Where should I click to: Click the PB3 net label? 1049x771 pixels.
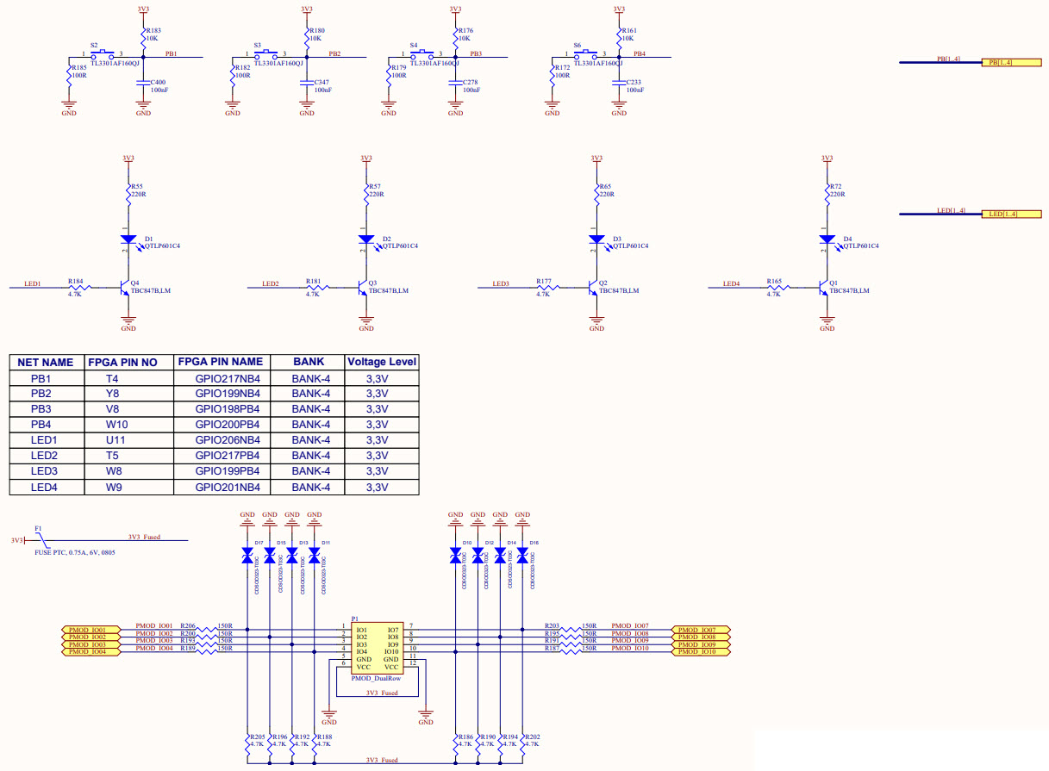(x=476, y=53)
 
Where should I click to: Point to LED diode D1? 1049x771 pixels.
(x=128, y=239)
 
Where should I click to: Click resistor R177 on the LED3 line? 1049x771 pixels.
(x=544, y=288)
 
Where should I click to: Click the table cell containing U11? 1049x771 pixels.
(x=116, y=440)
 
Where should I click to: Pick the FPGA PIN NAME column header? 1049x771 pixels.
(x=221, y=362)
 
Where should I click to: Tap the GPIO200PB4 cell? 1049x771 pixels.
(x=221, y=425)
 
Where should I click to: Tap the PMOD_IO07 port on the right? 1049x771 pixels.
(x=700, y=629)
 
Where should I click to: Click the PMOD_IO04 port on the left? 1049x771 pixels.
(x=89, y=651)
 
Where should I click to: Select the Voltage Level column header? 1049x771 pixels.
(x=381, y=362)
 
